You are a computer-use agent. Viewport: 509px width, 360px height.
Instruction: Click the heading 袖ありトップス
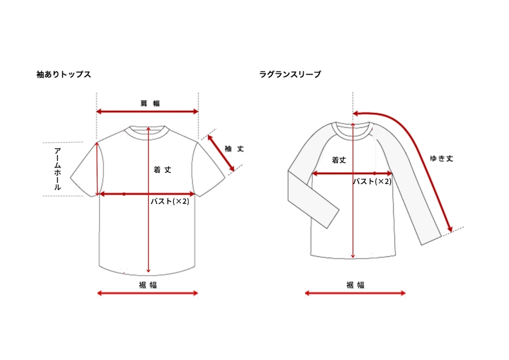click(63, 74)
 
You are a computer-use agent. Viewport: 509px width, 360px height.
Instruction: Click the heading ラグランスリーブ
click(290, 74)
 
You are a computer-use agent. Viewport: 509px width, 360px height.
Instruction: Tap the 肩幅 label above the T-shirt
click(150, 104)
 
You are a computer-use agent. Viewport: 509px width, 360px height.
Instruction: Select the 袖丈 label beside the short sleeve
click(234, 149)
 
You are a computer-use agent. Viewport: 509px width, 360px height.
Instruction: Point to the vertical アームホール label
click(58, 169)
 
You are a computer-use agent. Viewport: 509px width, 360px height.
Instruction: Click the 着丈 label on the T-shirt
click(162, 170)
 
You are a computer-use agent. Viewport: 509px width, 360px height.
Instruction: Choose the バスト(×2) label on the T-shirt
click(170, 202)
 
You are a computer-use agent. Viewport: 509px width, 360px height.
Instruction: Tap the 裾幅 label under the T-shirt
click(148, 285)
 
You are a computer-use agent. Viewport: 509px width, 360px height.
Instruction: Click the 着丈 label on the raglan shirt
click(339, 160)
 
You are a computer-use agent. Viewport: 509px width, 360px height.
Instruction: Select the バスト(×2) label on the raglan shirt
click(372, 181)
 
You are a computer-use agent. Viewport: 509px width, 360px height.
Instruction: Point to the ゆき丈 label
click(442, 158)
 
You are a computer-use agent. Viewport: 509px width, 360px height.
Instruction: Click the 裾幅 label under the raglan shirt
click(356, 285)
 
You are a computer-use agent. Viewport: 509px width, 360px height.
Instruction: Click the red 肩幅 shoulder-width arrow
click(148, 112)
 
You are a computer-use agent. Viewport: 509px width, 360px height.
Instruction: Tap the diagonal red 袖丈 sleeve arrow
click(221, 153)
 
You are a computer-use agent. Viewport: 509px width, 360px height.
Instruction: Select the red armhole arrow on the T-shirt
click(97, 169)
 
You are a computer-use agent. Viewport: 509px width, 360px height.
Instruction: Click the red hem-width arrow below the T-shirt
click(148, 293)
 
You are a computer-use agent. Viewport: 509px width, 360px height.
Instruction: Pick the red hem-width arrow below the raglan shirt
click(355, 293)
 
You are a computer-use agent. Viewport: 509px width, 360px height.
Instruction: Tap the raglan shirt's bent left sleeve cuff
click(333, 218)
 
